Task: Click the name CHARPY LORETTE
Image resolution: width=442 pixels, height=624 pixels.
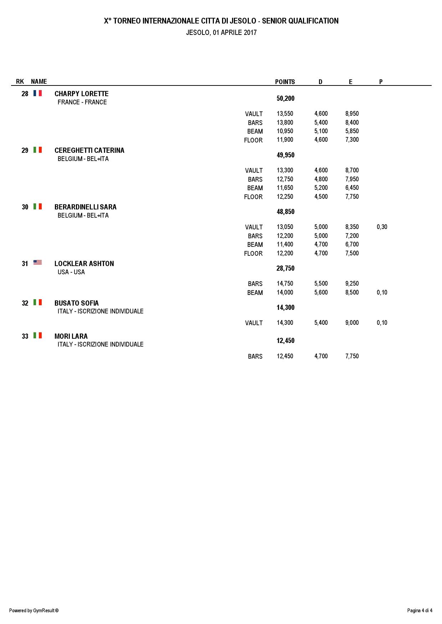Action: (81, 94)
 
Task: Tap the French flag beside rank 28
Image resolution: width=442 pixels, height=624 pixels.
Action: (37, 93)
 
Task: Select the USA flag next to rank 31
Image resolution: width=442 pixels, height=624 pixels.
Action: (37, 263)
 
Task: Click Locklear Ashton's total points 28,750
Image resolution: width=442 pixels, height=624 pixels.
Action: (285, 268)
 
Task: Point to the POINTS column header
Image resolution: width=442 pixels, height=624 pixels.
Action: (285, 82)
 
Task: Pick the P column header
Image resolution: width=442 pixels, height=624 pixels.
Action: (381, 82)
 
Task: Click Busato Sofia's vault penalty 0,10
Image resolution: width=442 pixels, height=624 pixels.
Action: (382, 323)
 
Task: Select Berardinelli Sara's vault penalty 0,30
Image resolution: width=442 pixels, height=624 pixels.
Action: (382, 227)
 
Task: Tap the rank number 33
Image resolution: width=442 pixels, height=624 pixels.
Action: (25, 336)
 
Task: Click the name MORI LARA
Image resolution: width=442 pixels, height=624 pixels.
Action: (71, 336)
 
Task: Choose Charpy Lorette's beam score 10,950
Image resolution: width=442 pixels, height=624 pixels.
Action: (285, 131)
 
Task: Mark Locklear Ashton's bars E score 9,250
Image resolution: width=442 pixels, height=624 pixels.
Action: (352, 284)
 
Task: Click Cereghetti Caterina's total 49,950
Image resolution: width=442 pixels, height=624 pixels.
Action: (285, 155)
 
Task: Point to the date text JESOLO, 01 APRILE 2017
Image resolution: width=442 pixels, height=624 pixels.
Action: (221, 32)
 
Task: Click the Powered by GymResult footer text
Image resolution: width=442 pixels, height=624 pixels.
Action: (34, 610)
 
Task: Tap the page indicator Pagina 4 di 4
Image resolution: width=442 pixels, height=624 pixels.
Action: (420, 610)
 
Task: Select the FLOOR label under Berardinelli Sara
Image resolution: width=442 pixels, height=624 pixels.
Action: (253, 254)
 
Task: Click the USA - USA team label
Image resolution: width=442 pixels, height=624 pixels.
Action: (71, 272)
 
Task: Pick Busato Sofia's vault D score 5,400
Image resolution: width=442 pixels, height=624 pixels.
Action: (321, 323)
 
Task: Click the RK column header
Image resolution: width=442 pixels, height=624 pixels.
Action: (20, 82)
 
